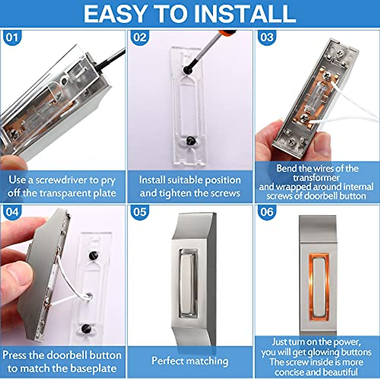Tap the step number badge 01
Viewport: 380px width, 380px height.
12,38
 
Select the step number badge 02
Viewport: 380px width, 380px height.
139,38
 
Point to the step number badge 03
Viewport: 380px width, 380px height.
267,38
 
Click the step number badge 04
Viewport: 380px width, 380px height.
12,212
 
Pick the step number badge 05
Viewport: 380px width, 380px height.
139,212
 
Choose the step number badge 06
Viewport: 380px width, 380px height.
267,212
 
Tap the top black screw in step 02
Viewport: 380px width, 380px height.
186,69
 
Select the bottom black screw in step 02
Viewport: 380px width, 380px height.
190,140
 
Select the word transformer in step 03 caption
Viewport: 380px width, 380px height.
316,177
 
